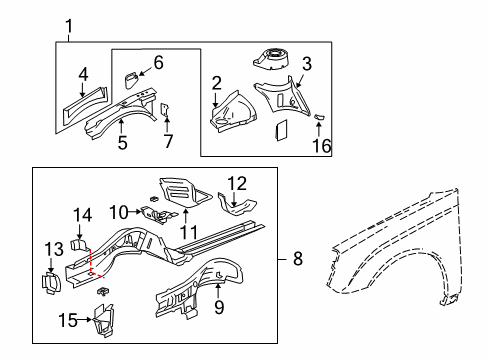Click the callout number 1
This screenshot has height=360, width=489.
click(69, 26)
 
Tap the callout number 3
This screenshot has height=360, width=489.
click(307, 64)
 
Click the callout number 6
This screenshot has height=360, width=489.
click(158, 62)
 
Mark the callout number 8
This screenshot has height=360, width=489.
click(296, 259)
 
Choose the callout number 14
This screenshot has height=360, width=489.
click(83, 213)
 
